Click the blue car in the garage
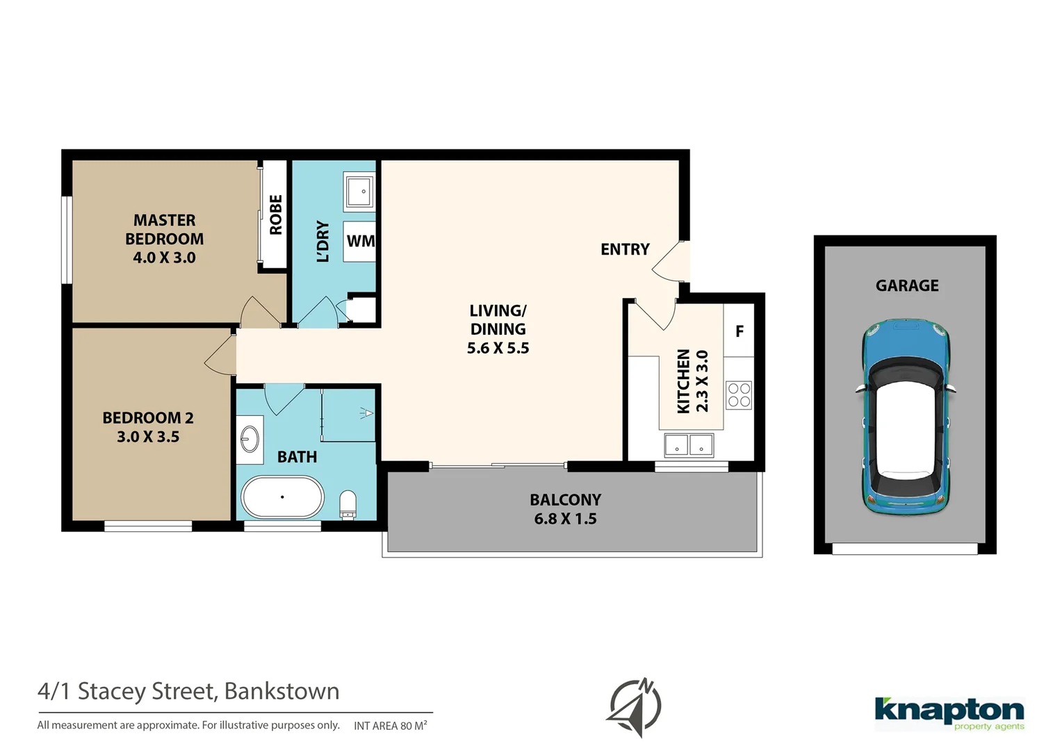[x=906, y=417]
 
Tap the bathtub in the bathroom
[x=282, y=497]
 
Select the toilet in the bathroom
[x=348, y=504]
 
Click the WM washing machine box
[x=360, y=241]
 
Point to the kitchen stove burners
[x=739, y=395]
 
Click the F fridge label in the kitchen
[x=740, y=331]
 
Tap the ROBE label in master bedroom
[x=276, y=215]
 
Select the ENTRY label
[x=625, y=249]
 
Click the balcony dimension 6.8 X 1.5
[x=565, y=519]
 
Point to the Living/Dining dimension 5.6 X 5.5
[x=498, y=348]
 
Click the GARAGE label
[x=906, y=285]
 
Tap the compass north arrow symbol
[x=635, y=707]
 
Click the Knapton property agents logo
[x=949, y=713]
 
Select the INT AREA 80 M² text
[x=390, y=726]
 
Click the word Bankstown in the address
[x=281, y=692]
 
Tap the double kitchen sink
[x=688, y=445]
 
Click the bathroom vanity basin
[x=250, y=439]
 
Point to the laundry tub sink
[x=359, y=191]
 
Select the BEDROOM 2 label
[x=148, y=418]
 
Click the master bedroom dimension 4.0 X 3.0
[x=164, y=258]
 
